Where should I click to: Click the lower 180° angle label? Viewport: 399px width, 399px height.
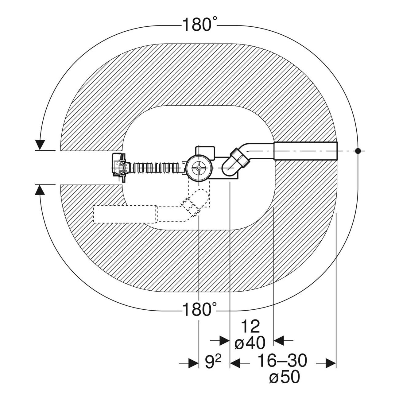[199, 309]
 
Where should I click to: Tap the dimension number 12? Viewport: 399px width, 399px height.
[250, 327]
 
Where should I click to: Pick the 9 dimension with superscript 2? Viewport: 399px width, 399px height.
[213, 361]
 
